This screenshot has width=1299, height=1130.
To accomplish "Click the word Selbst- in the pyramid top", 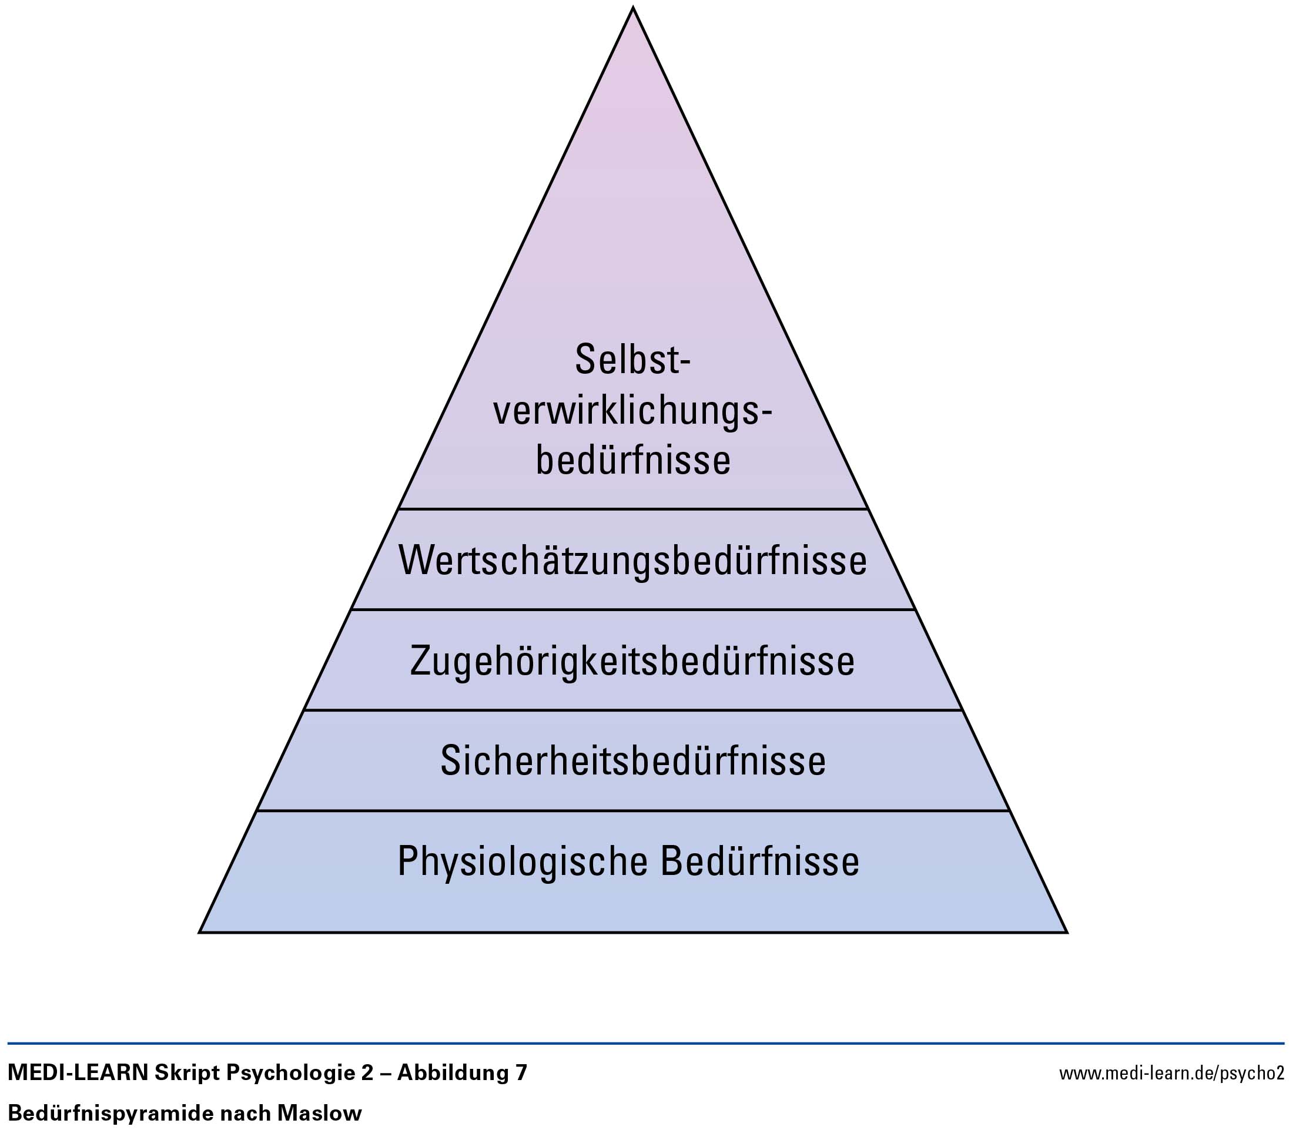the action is [632, 360].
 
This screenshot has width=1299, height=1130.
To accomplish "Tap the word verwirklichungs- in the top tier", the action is [632, 414].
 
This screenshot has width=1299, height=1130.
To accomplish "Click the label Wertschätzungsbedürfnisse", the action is [633, 559].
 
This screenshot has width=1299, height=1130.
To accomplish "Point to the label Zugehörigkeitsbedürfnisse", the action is [632, 661].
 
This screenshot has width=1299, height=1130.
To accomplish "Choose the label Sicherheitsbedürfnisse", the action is [633, 760].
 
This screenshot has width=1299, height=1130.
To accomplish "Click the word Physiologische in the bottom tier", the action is [523, 862].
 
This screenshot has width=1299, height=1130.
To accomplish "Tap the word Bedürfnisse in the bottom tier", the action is [760, 861].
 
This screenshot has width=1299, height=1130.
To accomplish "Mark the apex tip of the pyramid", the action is [633, 8].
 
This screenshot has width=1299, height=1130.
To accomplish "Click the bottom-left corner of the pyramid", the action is [200, 932].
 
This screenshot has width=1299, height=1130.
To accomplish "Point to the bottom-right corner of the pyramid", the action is [1066, 932].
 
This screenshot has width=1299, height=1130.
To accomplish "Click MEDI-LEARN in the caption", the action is [78, 1072].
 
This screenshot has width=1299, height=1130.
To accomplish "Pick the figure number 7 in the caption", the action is [521, 1073].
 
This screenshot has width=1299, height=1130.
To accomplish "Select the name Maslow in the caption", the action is [319, 1113].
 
